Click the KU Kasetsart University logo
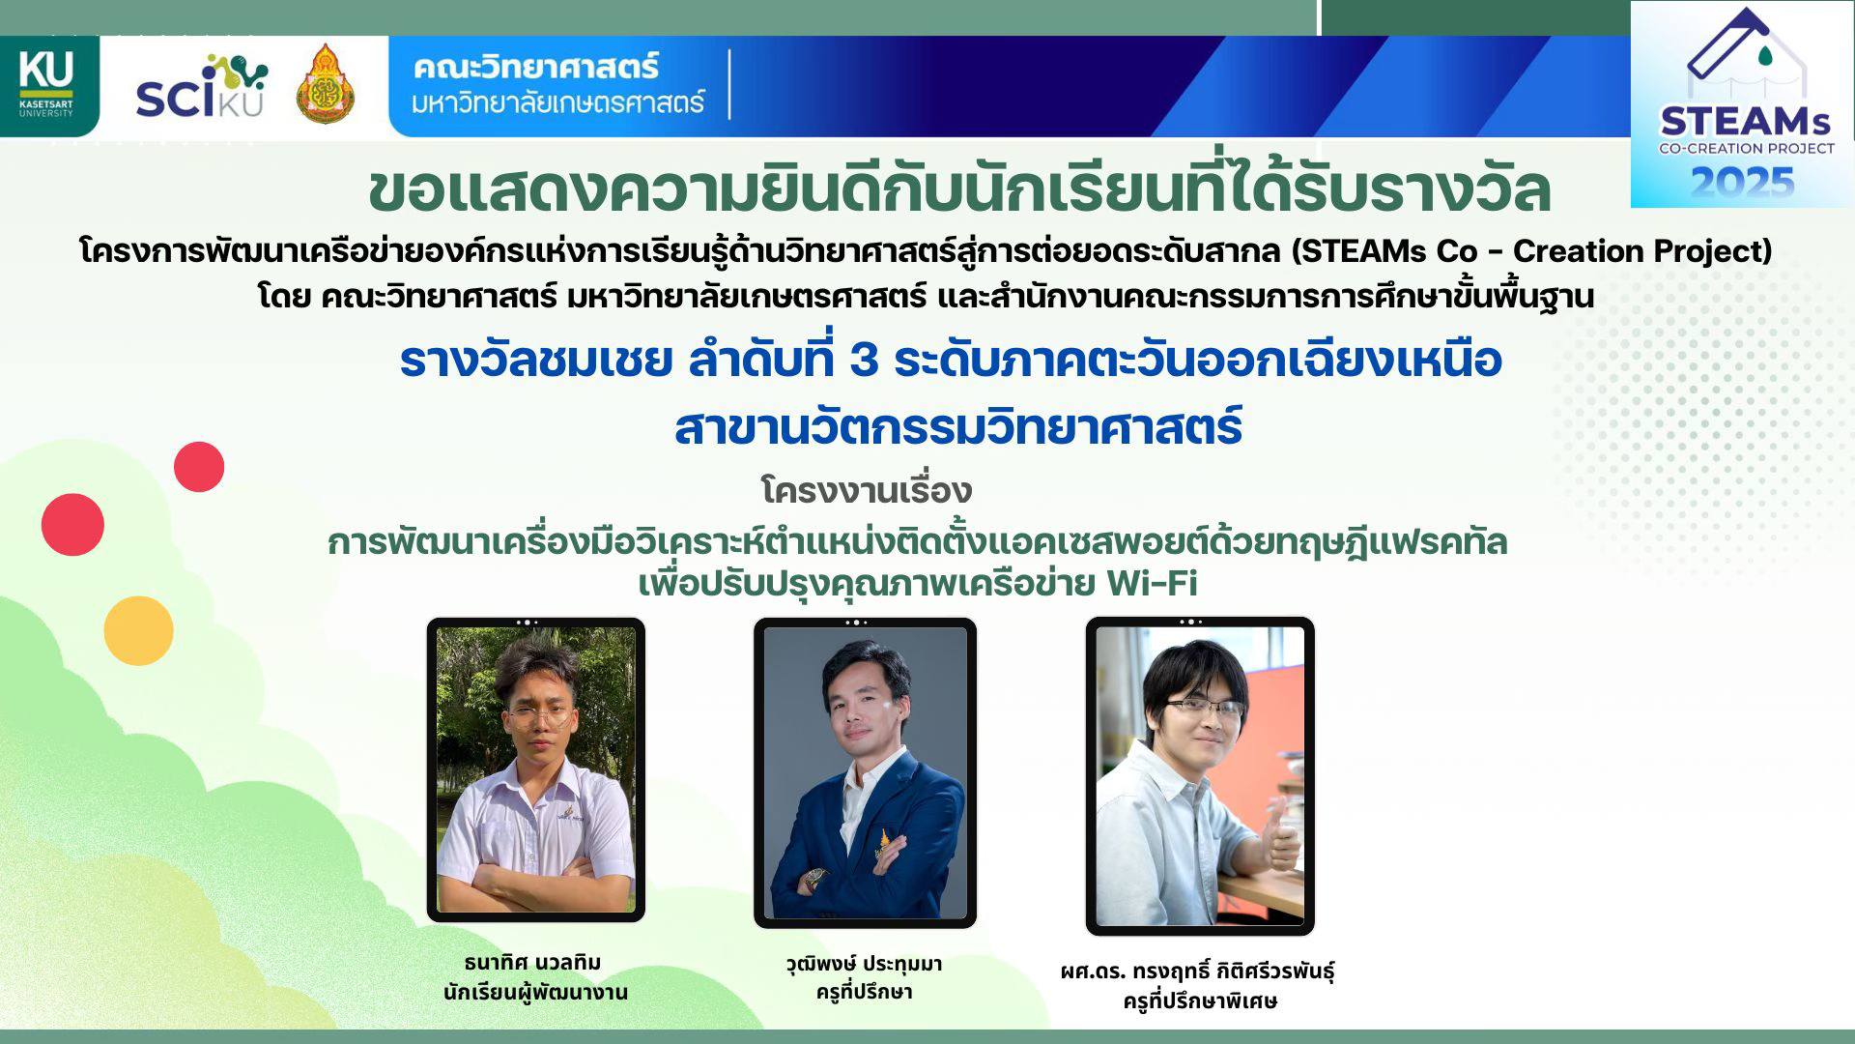pyautogui.click(x=46, y=85)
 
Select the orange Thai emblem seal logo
pyautogui.click(x=326, y=84)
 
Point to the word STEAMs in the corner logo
pyautogui.click(x=1745, y=122)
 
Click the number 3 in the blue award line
pyautogui.click(x=864, y=361)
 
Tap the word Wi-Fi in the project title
pyautogui.click(x=1152, y=583)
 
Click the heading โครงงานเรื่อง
pyautogui.click(x=867, y=490)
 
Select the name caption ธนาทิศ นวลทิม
pyautogui.click(x=533, y=963)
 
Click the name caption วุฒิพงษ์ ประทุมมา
pyautogui.click(x=864, y=964)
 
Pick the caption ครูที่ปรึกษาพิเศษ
pyautogui.click(x=1199, y=1001)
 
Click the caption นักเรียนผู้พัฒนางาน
pyautogui.click(x=535, y=993)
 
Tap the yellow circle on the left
pyautogui.click(x=138, y=630)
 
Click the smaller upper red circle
pyautogui.click(x=199, y=467)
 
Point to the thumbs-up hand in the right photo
pyautogui.click(x=1281, y=837)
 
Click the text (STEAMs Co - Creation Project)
pyautogui.click(x=1532, y=250)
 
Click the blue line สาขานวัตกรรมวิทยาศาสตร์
pyautogui.click(x=957, y=427)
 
